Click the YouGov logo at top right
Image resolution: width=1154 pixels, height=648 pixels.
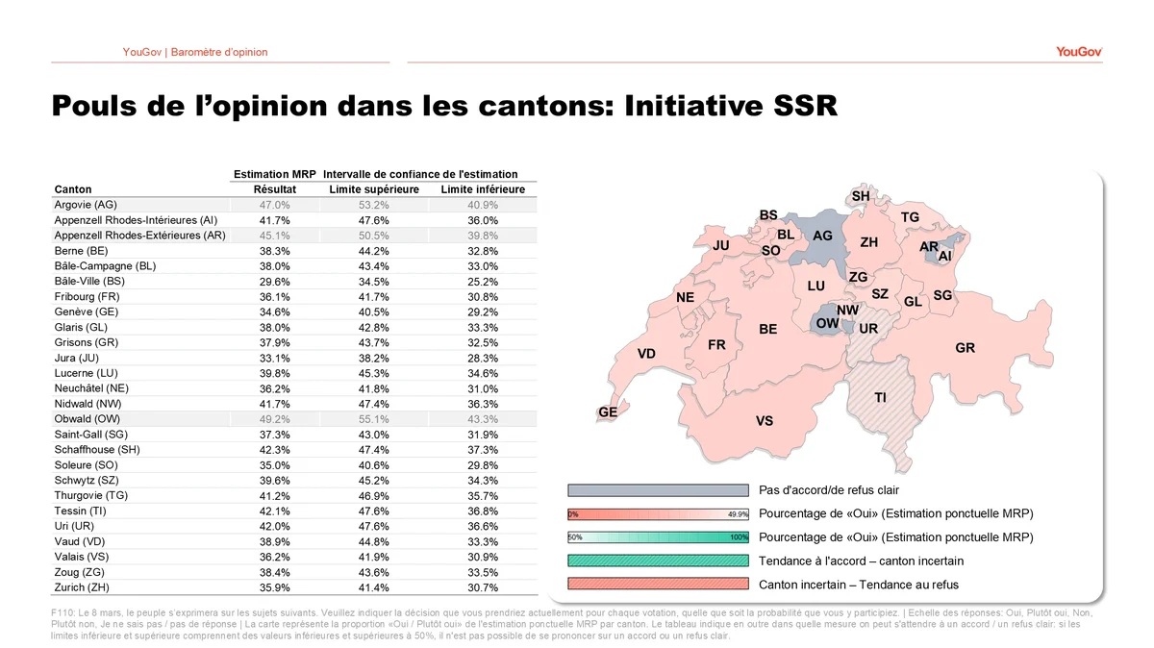tap(1078, 52)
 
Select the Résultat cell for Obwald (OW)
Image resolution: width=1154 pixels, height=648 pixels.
tap(274, 419)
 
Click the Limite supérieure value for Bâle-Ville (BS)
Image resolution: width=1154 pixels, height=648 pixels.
tap(374, 282)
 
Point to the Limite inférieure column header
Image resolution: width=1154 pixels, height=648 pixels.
tap(483, 189)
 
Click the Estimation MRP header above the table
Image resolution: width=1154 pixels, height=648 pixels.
tap(275, 174)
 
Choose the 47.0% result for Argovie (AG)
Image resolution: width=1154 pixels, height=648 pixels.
tap(274, 205)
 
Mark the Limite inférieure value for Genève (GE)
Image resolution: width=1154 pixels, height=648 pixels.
tap(483, 312)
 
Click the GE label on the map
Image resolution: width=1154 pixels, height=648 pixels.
tap(608, 411)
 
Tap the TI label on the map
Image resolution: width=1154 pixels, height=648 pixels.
tap(880, 397)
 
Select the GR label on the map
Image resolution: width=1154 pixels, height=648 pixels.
tap(965, 348)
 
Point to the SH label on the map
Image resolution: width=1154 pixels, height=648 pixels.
tap(861, 196)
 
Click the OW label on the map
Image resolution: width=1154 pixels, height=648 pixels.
tap(827, 323)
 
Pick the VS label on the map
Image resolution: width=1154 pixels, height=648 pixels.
tap(765, 420)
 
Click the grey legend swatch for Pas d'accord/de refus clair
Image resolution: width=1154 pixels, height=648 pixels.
tap(658, 490)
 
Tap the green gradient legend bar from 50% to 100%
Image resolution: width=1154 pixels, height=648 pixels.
tap(658, 537)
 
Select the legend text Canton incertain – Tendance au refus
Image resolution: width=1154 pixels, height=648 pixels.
tap(858, 585)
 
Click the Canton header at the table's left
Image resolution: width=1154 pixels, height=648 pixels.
tap(74, 189)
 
